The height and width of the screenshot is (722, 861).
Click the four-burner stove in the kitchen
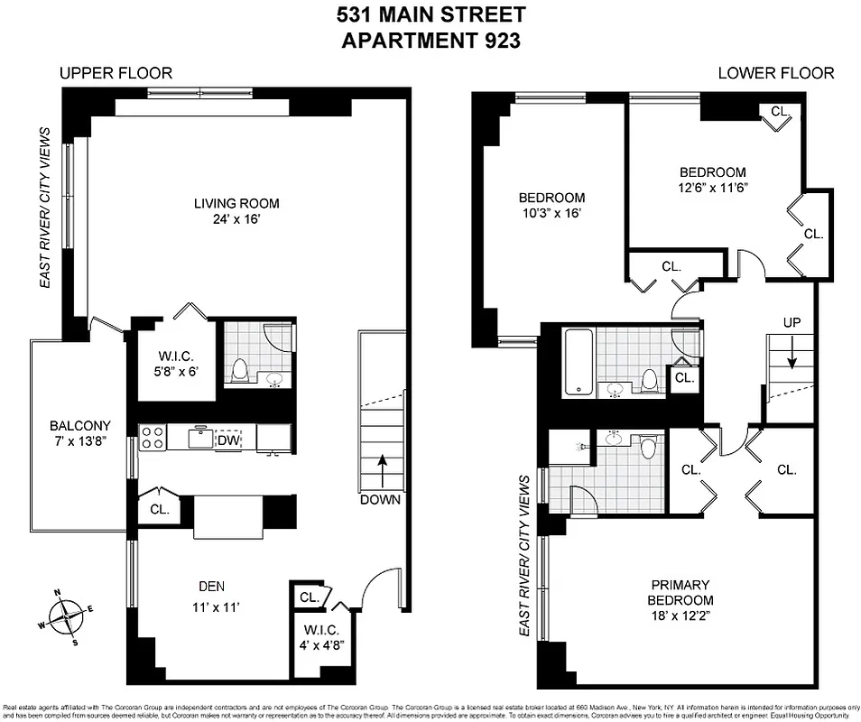[153, 438]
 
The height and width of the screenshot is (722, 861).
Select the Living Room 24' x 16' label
[236, 211]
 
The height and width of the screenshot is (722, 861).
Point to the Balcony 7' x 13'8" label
[80, 434]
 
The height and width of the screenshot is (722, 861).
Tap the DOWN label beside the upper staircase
[379, 499]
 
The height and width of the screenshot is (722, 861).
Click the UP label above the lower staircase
[792, 322]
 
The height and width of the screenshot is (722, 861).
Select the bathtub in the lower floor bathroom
[579, 363]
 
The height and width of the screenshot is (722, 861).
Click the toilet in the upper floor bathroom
[240, 370]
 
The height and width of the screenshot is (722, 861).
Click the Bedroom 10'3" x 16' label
[551, 206]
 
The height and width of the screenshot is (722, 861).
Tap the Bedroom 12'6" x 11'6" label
[712, 180]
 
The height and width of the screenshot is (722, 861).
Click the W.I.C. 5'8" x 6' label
[174, 361]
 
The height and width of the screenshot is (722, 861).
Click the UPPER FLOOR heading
[116, 73]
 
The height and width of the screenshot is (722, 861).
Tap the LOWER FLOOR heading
[775, 73]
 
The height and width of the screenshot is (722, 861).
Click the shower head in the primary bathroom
[578, 446]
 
